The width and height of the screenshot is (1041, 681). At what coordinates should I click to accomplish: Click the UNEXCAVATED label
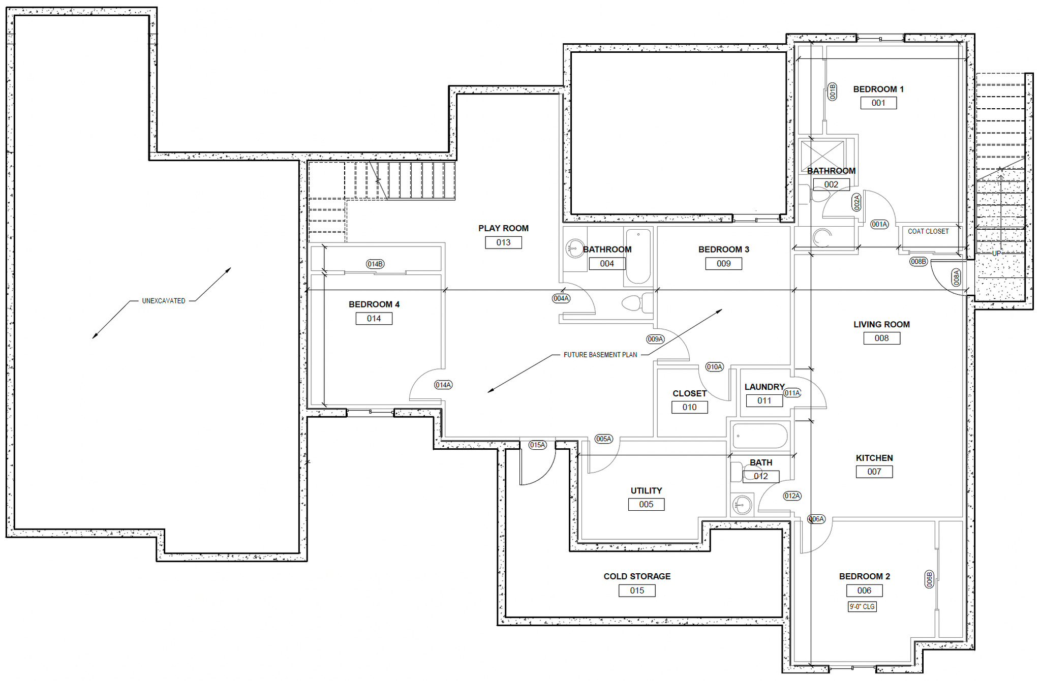pos(164,301)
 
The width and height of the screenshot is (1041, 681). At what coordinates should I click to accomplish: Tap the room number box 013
pos(503,242)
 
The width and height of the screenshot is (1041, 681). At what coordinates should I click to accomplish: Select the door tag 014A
pos(443,385)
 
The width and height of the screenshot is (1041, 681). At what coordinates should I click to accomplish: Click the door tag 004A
pos(561,298)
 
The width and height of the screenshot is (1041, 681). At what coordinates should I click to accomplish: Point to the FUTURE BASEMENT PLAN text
pos(600,355)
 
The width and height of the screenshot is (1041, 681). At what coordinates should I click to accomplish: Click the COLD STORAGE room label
pos(637,576)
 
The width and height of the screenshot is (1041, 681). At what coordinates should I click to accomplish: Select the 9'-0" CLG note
pos(862,606)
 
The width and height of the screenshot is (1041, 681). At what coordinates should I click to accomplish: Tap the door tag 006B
pos(929,579)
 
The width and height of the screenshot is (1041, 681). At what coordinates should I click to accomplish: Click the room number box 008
pos(881,338)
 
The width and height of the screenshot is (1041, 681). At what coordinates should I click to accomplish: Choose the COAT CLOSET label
pos(928,231)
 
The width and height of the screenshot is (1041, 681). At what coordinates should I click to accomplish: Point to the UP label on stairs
pos(996,253)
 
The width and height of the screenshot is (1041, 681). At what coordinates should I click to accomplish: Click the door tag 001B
pos(833,91)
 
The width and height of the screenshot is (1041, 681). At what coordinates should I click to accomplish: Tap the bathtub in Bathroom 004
pos(638,256)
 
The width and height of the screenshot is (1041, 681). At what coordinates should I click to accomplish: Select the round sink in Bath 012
pos(742,505)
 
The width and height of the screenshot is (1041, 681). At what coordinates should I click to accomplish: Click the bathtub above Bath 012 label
pos(759,436)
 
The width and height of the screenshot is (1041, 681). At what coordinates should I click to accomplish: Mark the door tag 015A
pos(537,445)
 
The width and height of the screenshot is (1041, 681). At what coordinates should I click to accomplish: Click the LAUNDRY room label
pos(764,387)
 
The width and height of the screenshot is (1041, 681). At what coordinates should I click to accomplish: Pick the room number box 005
pos(646,504)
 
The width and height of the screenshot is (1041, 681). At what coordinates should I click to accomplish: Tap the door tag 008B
pos(918,261)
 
